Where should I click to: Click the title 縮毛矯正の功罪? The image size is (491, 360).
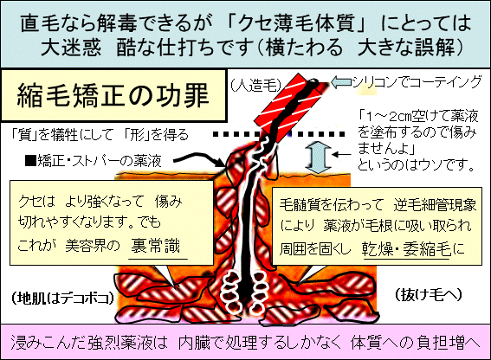pyautogui.click(x=113, y=95)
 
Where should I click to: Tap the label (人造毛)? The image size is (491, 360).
pyautogui.click(x=256, y=85)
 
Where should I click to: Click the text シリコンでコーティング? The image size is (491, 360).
pyautogui.click(x=417, y=82)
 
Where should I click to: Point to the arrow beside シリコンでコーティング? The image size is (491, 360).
pyautogui.click(x=341, y=82)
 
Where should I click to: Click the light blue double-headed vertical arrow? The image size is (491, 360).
pyautogui.click(x=318, y=157)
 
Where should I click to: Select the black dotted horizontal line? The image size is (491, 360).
pyautogui.click(x=279, y=134)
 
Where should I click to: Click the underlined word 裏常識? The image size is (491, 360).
pyautogui.click(x=155, y=246)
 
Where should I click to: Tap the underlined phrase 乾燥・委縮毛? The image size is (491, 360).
pyautogui.click(x=406, y=249)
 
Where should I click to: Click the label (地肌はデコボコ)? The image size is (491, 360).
pyautogui.click(x=62, y=298)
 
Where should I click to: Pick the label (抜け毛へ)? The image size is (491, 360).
pyautogui.click(x=429, y=294)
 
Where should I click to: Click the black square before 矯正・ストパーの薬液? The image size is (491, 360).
pyautogui.click(x=31, y=161)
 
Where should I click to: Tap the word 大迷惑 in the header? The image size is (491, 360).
pyautogui.click(x=71, y=48)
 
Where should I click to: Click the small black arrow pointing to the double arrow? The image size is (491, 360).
pyautogui.click(x=342, y=154)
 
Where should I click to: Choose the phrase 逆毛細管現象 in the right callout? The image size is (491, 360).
pyautogui.click(x=436, y=205)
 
